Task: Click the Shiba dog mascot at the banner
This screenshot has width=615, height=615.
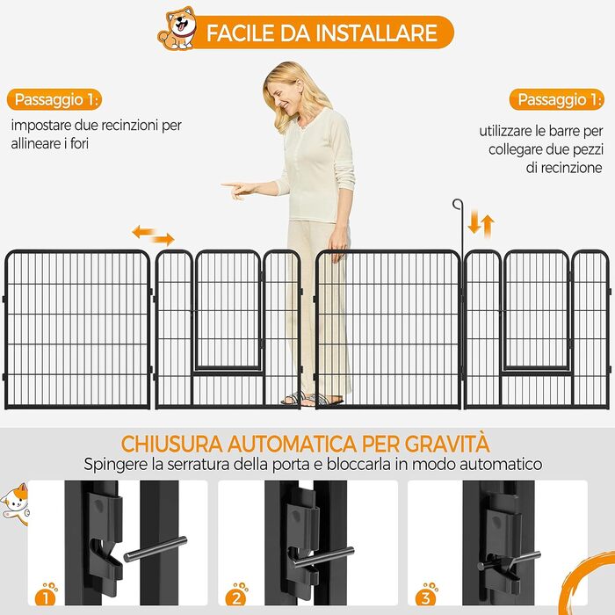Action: click(x=177, y=28)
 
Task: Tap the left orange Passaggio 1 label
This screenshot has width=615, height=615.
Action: click(x=54, y=99)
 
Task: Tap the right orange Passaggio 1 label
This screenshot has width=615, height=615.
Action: click(x=557, y=99)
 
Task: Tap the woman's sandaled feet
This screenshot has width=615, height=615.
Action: click(x=312, y=399)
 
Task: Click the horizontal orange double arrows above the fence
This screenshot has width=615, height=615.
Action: click(x=154, y=235)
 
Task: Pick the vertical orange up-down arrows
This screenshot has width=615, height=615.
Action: click(x=481, y=226)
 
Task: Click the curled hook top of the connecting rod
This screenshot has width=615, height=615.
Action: click(x=458, y=204)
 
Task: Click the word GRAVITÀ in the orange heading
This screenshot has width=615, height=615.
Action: click(x=447, y=444)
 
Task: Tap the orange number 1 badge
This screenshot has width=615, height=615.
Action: click(x=47, y=595)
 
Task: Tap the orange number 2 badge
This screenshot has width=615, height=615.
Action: click(x=236, y=595)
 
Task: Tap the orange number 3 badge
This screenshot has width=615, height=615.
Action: click(x=427, y=595)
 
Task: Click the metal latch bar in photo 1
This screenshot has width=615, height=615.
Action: click(x=156, y=549)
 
